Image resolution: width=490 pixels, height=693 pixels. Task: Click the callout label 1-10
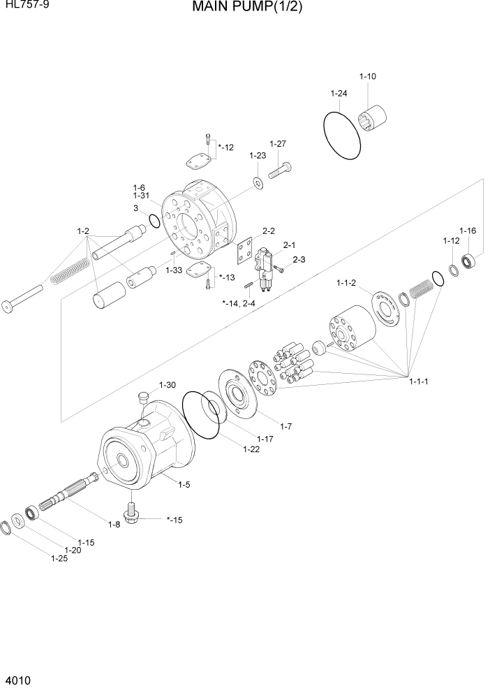click(367, 76)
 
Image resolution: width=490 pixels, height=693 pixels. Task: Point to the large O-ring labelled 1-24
click(342, 132)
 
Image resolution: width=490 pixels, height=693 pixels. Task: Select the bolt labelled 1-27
click(279, 169)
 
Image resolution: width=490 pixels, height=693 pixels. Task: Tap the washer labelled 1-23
click(258, 183)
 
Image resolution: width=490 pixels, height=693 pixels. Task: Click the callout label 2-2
click(269, 231)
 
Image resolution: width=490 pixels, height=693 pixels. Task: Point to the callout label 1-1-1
click(417, 381)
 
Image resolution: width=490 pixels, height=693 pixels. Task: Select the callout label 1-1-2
click(346, 283)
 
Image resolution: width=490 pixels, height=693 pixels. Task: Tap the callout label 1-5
click(184, 484)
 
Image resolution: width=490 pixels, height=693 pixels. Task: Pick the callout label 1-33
click(174, 269)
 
